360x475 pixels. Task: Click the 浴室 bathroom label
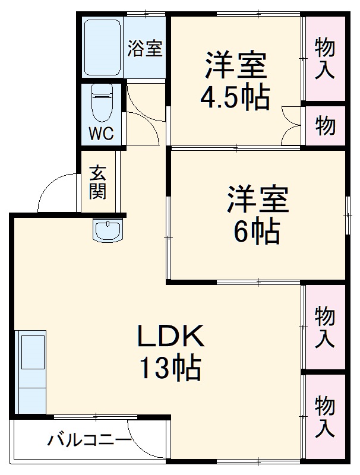144,49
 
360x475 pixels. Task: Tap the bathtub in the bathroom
102,49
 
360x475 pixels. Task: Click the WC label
100,134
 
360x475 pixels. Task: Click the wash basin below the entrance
108,230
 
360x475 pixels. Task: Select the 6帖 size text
257,232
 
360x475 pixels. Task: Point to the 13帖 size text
170,369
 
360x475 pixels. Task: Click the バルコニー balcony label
89,441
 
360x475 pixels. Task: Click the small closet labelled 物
324,126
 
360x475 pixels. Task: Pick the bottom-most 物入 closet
324,416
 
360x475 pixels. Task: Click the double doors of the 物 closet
292,125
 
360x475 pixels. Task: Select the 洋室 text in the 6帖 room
257,200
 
